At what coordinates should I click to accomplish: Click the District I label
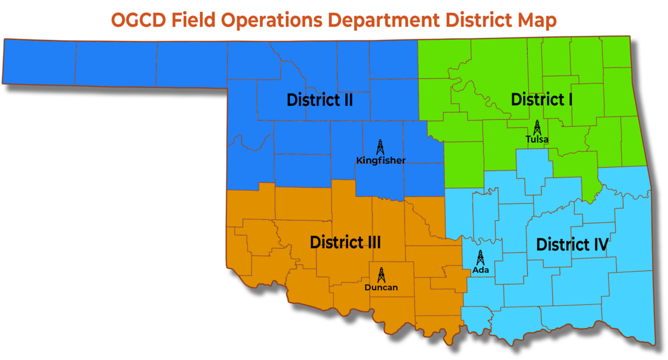[541, 99]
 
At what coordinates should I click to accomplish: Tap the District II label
[319, 99]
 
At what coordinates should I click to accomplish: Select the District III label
[345, 242]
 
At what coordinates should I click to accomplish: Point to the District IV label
[572, 244]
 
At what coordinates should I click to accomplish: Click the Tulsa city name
[536, 140]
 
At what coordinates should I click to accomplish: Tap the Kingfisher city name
[380, 160]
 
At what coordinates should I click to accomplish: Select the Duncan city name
[381, 287]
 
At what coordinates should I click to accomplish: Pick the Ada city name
[480, 270]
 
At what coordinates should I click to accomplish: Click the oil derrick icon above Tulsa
[537, 127]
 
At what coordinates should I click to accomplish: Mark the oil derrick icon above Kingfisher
[380, 147]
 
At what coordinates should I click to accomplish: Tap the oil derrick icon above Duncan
[381, 275]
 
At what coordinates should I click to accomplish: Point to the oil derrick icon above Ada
[480, 257]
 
